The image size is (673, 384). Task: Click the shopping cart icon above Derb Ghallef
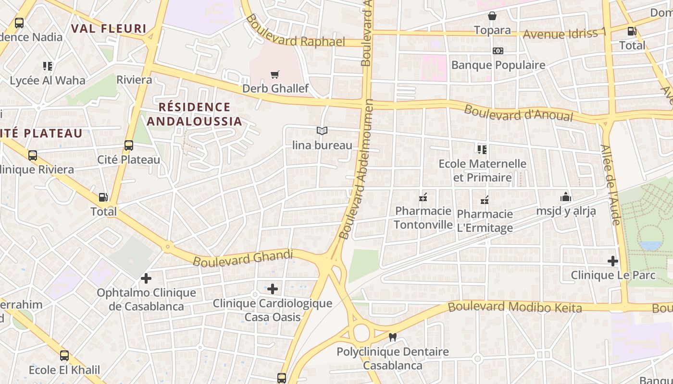pyautogui.click(x=274, y=75)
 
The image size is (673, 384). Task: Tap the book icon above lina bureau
pyautogui.click(x=322, y=131)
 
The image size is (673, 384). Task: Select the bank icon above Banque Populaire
pyautogui.click(x=498, y=51)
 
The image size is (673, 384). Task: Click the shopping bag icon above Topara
pyautogui.click(x=492, y=16)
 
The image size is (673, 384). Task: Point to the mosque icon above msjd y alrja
pyautogui.click(x=566, y=197)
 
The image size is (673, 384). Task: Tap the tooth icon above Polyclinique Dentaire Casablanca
pyautogui.click(x=392, y=337)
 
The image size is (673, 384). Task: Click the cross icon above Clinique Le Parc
pyautogui.click(x=612, y=261)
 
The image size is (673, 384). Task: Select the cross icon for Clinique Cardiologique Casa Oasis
pyautogui.click(x=273, y=288)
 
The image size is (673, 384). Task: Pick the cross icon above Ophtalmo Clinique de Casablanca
pyautogui.click(x=146, y=278)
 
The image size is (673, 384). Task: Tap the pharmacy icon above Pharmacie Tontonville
pyautogui.click(x=423, y=197)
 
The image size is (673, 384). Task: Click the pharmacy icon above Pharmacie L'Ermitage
pyautogui.click(x=485, y=200)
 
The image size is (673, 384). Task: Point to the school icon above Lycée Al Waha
pyautogui.click(x=47, y=66)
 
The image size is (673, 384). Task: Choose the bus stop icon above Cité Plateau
pyautogui.click(x=129, y=145)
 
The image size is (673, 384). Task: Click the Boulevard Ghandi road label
pyautogui.click(x=243, y=258)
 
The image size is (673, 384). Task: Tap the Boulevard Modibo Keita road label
pyautogui.click(x=515, y=307)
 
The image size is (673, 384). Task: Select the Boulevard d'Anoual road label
pyautogui.click(x=519, y=113)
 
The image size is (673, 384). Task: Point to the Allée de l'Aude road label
pyautogui.click(x=611, y=185)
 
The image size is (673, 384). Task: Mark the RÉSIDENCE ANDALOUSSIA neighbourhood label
pyautogui.click(x=194, y=114)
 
